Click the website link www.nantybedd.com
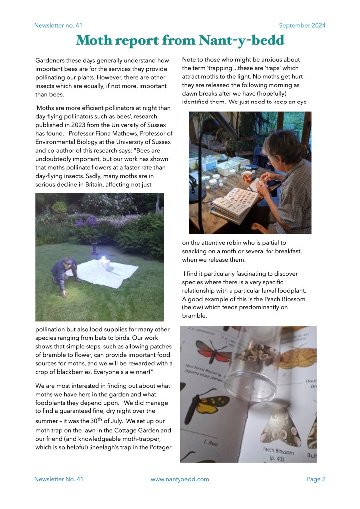(180, 479)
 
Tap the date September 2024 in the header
(302, 25)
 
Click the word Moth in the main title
(100, 40)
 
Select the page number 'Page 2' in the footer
(316, 479)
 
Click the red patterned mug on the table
(247, 176)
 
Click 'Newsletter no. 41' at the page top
(58, 25)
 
